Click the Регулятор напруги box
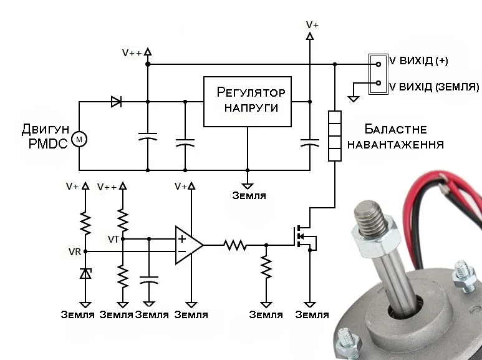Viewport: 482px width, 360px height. [x=248, y=101]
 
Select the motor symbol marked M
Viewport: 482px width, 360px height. [x=79, y=139]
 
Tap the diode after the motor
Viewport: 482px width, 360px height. [x=116, y=102]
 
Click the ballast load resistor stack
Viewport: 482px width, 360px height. [x=335, y=135]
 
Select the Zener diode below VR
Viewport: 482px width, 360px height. [x=86, y=273]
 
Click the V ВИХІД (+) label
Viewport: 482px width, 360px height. [x=418, y=61]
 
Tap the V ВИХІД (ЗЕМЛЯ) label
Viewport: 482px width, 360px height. [x=433, y=85]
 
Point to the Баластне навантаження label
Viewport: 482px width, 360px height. [x=395, y=137]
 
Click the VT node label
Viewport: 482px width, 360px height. [x=113, y=238]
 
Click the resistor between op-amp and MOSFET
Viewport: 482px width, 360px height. [x=236, y=245]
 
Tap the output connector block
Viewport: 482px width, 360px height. [x=377, y=73]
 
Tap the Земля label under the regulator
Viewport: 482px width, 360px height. [x=249, y=195]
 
